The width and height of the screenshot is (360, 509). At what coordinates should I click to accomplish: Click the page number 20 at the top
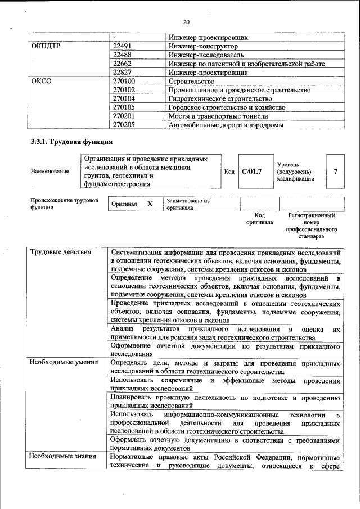(x=186, y=22)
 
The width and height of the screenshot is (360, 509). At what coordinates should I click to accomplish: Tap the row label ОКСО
(x=42, y=82)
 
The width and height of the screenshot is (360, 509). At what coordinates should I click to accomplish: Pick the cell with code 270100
(x=124, y=82)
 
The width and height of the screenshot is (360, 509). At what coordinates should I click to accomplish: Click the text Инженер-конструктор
(x=203, y=46)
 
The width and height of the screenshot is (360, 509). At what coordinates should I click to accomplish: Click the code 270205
(x=124, y=125)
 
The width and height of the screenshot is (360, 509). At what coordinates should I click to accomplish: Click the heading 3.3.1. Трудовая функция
(x=72, y=142)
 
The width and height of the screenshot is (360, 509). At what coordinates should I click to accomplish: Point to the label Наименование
(x=51, y=171)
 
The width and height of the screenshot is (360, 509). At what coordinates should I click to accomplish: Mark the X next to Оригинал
(x=150, y=204)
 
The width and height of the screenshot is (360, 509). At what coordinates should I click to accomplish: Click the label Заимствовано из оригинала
(x=188, y=204)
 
